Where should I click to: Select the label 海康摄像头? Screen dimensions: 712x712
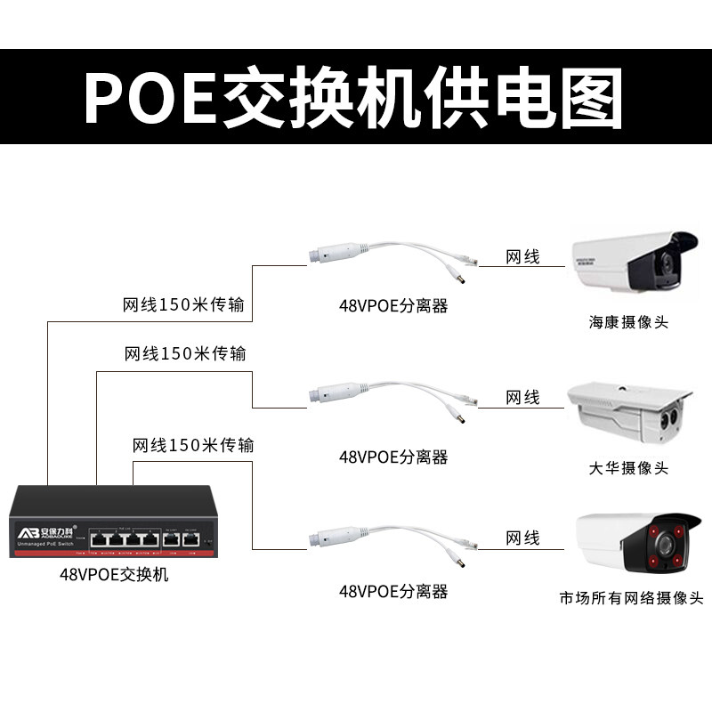click(x=627, y=322)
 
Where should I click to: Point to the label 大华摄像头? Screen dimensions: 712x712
click(x=627, y=468)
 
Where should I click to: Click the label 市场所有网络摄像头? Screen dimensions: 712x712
click(x=631, y=598)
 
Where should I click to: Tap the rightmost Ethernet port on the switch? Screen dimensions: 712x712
click(x=190, y=538)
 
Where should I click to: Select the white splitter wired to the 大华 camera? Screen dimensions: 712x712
click(x=338, y=392)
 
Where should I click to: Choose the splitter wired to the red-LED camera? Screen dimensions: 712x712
click(x=338, y=537)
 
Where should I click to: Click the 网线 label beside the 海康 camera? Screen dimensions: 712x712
click(x=522, y=257)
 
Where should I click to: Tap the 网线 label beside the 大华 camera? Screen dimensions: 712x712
click(x=522, y=397)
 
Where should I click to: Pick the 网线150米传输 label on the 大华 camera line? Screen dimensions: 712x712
click(x=185, y=354)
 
